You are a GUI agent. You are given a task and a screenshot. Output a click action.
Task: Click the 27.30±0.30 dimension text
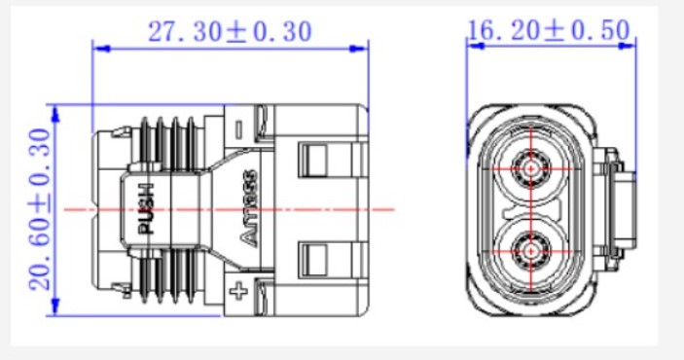[x=230, y=32]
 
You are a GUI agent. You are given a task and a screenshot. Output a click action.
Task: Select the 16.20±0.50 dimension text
[x=549, y=30]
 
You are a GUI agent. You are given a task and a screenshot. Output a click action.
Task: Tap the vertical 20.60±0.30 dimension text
[x=40, y=209]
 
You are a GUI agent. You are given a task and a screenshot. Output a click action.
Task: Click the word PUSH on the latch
[x=146, y=208]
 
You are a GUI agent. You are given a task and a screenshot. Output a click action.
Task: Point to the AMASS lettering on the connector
[x=249, y=207]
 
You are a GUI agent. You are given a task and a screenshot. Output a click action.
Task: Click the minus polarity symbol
[x=238, y=129]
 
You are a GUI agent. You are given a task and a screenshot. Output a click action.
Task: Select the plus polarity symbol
[x=238, y=291]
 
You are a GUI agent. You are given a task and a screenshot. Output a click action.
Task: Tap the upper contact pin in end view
[x=531, y=168]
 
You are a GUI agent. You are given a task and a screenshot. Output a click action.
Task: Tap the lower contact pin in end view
[x=531, y=251]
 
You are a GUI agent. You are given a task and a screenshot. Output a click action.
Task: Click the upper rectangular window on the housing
[x=312, y=161]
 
